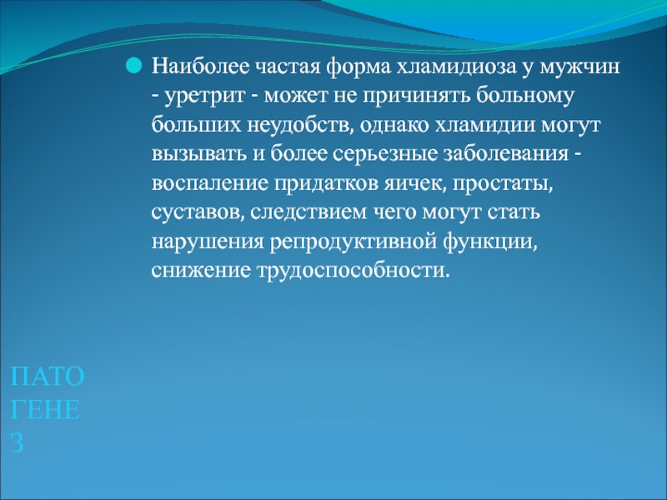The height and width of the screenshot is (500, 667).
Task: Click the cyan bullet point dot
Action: click(x=133, y=66)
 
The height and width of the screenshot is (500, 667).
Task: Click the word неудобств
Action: click(x=299, y=126)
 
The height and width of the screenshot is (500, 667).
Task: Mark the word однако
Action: click(x=393, y=125)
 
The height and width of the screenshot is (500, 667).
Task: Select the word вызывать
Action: click(x=200, y=154)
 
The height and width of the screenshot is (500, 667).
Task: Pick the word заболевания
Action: click(x=506, y=154)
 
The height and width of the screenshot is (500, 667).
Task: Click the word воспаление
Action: click(x=210, y=183)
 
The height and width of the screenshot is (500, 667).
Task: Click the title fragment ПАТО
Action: click(x=48, y=377)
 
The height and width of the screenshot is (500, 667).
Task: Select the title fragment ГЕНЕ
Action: click(x=45, y=410)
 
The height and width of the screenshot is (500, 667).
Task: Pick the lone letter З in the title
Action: click(x=17, y=443)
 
